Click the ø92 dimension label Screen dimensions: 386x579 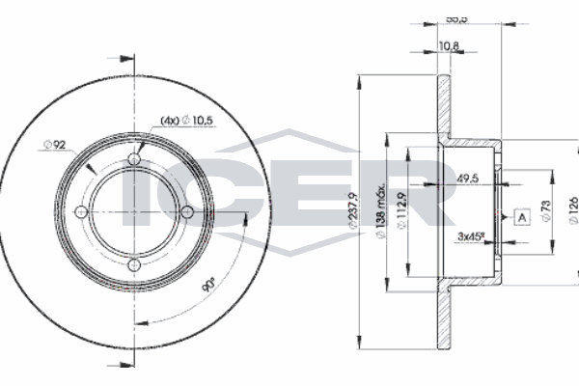(53, 146)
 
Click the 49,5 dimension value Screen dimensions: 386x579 (470, 179)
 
